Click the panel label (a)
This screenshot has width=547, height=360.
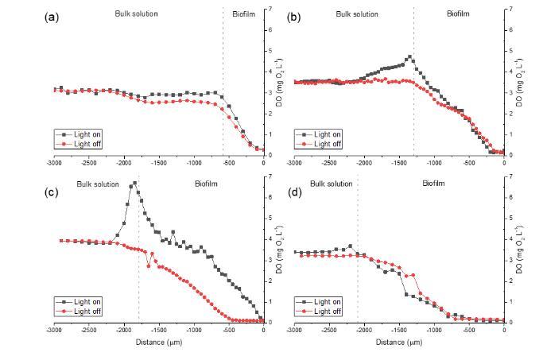tap(48, 17)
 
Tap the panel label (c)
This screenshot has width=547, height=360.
tap(48, 184)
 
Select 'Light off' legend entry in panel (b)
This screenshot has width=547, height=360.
tap(327, 144)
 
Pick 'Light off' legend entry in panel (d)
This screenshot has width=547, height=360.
tap(327, 311)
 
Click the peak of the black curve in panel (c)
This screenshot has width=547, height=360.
tap(134, 183)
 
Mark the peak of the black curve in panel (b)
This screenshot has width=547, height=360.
tap(409, 56)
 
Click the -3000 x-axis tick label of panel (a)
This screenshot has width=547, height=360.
tap(53, 163)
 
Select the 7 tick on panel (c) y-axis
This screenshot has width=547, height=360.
tap(270, 176)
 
